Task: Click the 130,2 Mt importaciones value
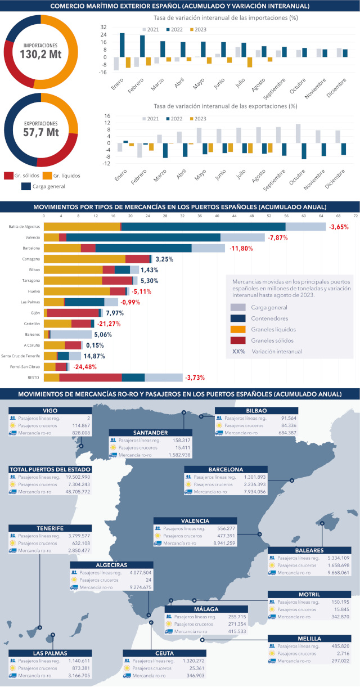click(40, 55)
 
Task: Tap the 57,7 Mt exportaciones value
click(40, 133)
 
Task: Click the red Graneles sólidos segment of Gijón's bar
click(73, 313)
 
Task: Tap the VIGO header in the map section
click(50, 411)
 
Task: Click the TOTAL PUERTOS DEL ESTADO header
click(50, 469)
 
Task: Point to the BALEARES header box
click(309, 550)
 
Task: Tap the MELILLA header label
click(309, 639)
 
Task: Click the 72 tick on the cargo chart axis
click(355, 215)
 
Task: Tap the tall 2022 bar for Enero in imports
click(122, 45)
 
